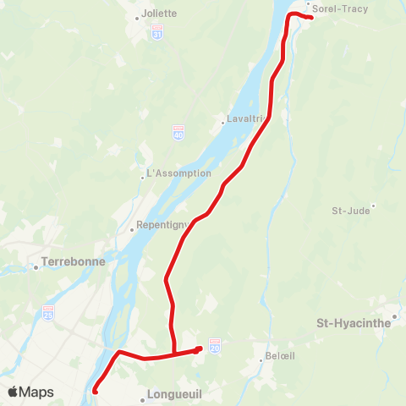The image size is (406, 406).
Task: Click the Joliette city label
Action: tap(159, 14)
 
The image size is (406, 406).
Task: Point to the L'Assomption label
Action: tap(178, 173)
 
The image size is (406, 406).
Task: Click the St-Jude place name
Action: tap(350, 211)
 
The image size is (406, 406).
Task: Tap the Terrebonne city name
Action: tap(74, 261)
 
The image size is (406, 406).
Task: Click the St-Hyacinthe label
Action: tap(353, 322)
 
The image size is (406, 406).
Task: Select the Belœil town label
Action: tap(278, 356)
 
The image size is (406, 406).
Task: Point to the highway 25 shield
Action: tap(49, 313)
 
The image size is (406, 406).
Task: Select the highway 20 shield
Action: tap(215, 347)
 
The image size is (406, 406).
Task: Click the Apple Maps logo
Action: tap(30, 392)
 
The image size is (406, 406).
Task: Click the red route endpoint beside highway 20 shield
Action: tap(199, 348)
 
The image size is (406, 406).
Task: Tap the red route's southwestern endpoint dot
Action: tap(95, 391)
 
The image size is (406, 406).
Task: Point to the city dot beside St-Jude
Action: tap(373, 205)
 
